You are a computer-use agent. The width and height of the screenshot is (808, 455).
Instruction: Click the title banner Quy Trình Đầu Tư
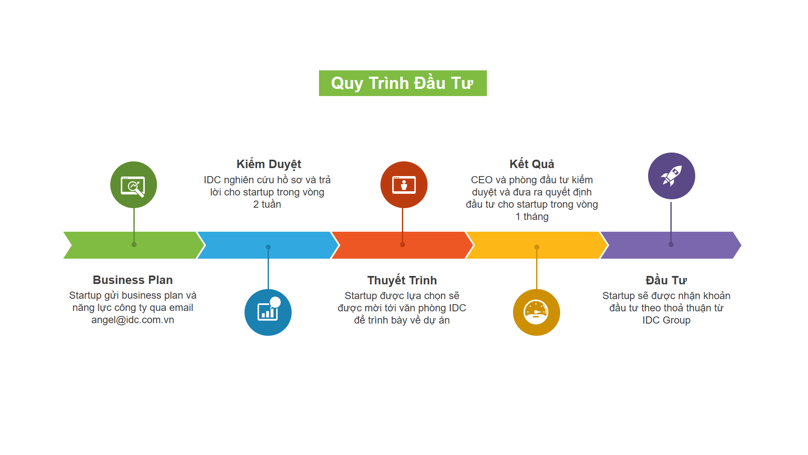tap(403, 83)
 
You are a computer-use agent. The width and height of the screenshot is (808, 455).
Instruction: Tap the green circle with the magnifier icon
tap(134, 185)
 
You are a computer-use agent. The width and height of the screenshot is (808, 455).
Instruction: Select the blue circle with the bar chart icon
tap(268, 312)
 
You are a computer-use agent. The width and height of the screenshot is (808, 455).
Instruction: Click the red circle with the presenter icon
tap(404, 185)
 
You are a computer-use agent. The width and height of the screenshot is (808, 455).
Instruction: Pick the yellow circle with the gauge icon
tap(537, 312)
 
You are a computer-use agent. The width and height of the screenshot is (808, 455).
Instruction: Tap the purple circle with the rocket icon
tap(672, 176)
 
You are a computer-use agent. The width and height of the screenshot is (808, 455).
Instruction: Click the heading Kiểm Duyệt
tap(269, 164)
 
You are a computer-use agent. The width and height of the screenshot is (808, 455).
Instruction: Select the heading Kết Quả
tap(532, 164)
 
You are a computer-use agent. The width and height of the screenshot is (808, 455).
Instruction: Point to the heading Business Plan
tap(133, 280)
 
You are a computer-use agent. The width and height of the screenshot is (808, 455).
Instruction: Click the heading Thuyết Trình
tap(402, 280)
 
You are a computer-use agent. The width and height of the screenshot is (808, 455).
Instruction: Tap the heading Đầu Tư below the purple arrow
tap(666, 280)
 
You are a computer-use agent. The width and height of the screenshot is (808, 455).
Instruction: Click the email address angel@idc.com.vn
tap(133, 320)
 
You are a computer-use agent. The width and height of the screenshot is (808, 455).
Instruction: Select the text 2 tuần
tap(267, 204)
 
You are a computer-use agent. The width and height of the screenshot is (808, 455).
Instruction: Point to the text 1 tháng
tap(532, 217)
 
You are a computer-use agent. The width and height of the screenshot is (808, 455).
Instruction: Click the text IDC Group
tap(666, 320)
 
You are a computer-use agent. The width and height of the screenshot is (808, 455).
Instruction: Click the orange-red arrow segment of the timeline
tap(402, 245)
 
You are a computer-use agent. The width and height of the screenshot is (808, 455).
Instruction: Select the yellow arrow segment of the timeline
tap(537, 245)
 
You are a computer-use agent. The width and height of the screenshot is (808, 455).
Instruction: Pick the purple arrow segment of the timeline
tap(671, 245)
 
